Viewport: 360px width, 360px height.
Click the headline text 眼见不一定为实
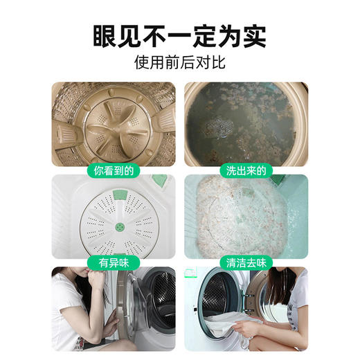coord(180,35)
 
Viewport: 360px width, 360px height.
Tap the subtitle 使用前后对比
coord(180,62)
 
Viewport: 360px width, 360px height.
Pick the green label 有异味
coord(114,262)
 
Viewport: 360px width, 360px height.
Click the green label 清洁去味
coord(246,262)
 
